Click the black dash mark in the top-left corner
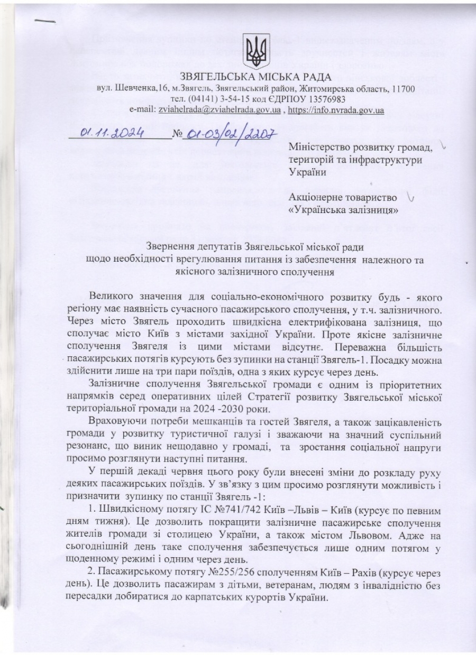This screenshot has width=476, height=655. (x=45, y=22)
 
